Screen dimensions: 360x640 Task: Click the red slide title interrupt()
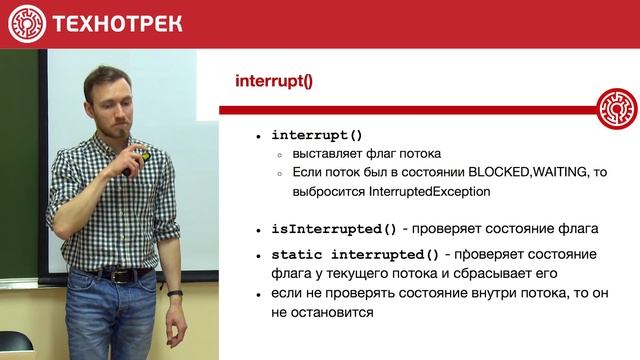(x=273, y=82)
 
